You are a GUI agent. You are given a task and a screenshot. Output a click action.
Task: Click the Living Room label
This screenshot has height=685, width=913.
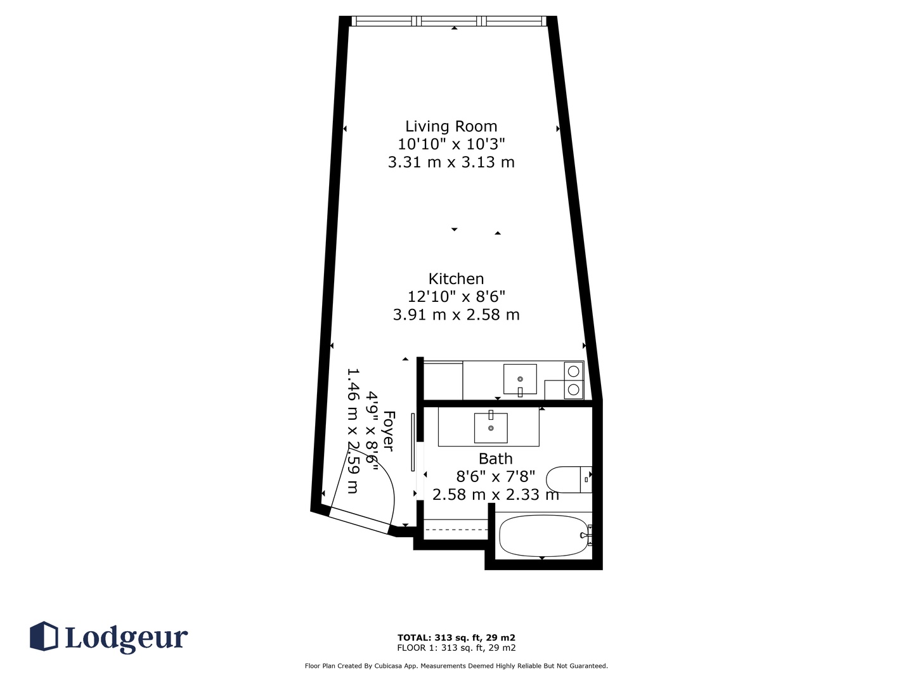pyautogui.click(x=451, y=126)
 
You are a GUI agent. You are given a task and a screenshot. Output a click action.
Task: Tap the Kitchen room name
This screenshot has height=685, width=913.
pyautogui.click(x=456, y=278)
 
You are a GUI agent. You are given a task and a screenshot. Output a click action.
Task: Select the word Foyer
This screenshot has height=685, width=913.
pyautogui.click(x=389, y=431)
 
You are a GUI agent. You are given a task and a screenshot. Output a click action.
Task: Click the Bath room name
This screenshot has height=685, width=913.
pyautogui.click(x=495, y=459)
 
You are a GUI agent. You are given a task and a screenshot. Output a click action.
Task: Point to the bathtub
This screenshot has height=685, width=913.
pyautogui.click(x=545, y=536)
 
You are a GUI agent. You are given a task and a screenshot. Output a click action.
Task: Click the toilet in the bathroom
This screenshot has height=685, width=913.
pyautogui.click(x=569, y=480)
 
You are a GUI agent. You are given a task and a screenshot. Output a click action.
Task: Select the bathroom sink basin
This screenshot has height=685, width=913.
pyautogui.click(x=491, y=428)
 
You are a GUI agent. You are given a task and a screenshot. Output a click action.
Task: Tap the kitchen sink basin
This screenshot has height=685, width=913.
pyautogui.click(x=520, y=379)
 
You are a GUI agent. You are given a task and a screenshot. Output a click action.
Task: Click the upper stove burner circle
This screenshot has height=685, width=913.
pyautogui.click(x=574, y=370)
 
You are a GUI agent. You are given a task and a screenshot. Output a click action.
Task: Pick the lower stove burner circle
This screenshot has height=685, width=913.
pyautogui.click(x=574, y=389)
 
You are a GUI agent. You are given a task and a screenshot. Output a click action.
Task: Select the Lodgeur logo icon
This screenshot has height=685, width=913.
pyautogui.click(x=44, y=636)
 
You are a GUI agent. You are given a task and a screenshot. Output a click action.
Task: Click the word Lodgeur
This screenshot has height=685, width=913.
pyautogui.click(x=127, y=638)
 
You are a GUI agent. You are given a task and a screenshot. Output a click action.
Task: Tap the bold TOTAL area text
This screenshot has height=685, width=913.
pyautogui.click(x=456, y=637)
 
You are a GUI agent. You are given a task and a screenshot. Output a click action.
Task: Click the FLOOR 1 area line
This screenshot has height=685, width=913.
pyautogui.click(x=456, y=648)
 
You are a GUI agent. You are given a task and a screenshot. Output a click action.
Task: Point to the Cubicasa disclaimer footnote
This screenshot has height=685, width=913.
pyautogui.click(x=456, y=666)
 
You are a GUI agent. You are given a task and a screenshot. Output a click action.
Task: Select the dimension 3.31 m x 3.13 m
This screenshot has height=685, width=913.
pyautogui.click(x=451, y=162)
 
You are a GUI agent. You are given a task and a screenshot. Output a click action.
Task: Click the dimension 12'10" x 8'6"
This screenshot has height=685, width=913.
pyautogui.click(x=456, y=296)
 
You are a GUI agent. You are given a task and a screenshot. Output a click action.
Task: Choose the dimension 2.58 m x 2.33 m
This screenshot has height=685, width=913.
pyautogui.click(x=495, y=495)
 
